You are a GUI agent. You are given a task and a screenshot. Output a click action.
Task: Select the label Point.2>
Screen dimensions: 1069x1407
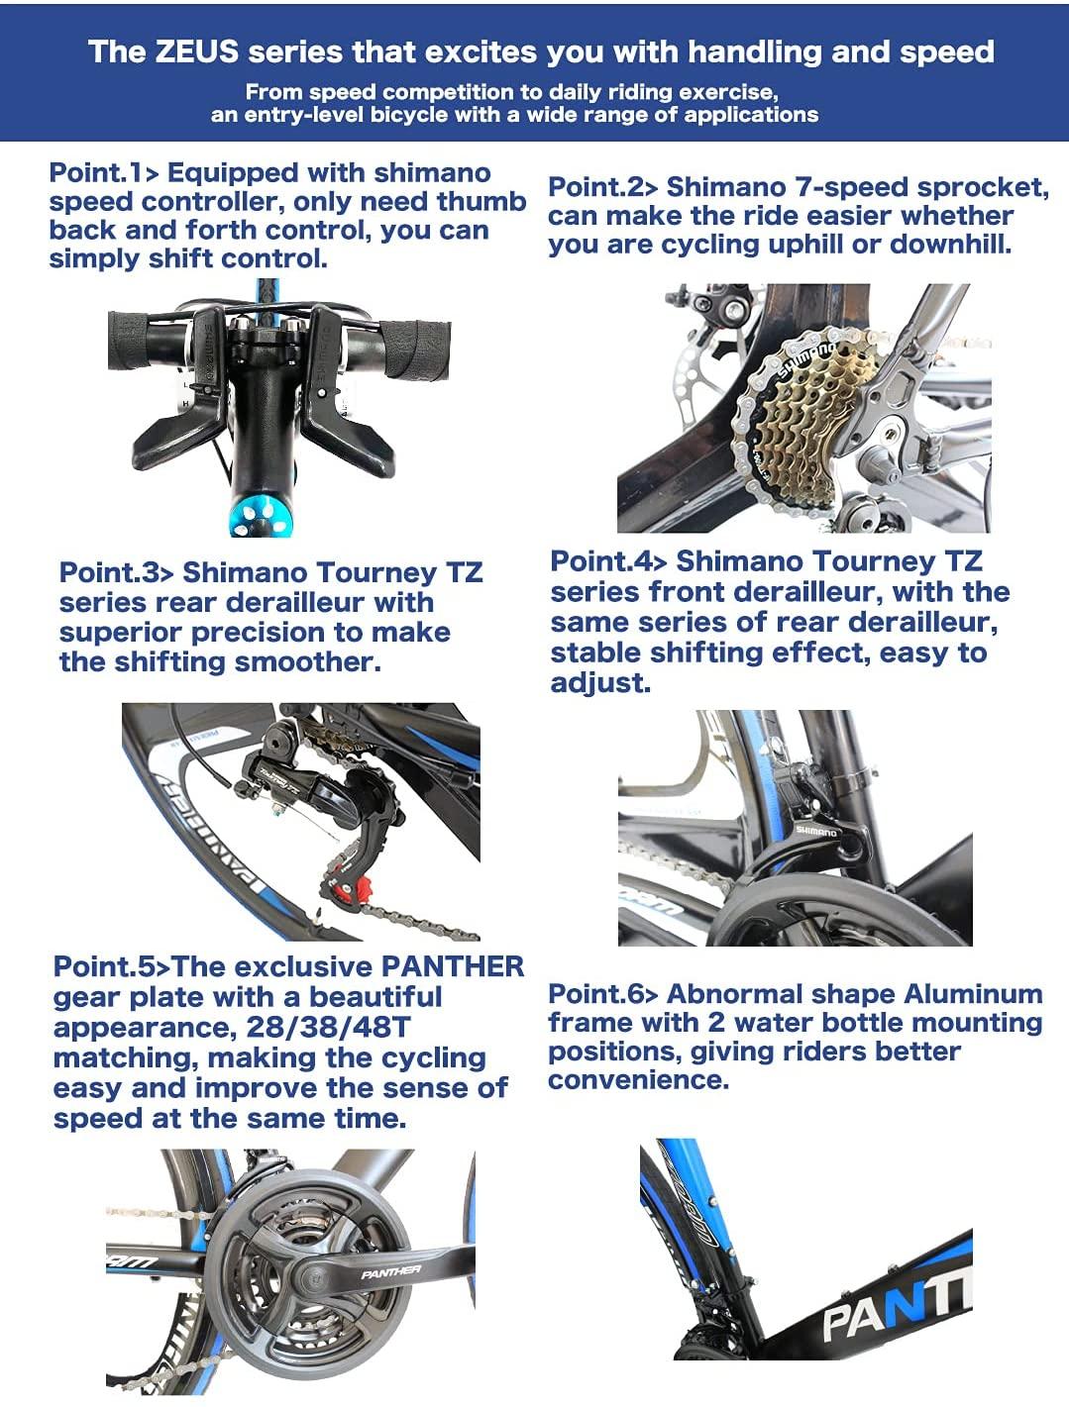click(602, 187)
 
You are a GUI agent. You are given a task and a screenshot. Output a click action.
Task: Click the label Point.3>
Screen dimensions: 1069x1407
click(116, 572)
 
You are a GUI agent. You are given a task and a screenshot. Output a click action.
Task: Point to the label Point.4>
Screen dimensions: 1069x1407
click(608, 561)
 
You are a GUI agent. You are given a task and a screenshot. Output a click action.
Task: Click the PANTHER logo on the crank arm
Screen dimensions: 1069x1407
click(390, 1271)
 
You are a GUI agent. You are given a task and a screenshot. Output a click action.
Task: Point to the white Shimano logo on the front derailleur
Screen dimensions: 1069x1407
click(816, 832)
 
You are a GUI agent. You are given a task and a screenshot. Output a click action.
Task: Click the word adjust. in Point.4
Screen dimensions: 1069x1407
click(600, 683)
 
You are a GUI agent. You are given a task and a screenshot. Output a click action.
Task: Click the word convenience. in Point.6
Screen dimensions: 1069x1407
click(639, 1080)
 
